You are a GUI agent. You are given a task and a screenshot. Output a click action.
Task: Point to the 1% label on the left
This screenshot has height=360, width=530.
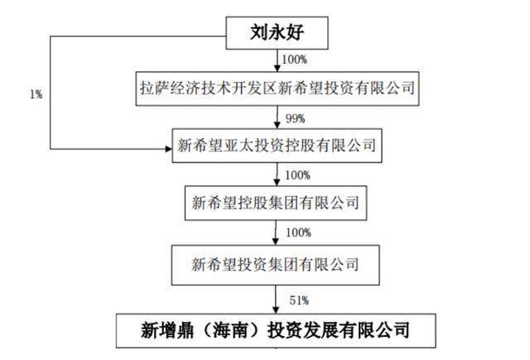36,94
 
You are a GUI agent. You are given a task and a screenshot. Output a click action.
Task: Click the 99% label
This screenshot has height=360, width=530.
296,118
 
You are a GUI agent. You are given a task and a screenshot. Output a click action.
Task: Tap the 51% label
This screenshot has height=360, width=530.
299,300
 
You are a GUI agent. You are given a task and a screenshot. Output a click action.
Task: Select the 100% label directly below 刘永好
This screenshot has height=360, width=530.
295,60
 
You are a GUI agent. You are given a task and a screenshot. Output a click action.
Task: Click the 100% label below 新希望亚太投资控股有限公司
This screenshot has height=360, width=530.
298,175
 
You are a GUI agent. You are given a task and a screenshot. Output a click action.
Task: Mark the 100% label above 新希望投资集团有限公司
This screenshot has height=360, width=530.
298,233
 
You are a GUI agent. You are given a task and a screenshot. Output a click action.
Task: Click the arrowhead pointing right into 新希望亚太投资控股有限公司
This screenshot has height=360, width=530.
168,149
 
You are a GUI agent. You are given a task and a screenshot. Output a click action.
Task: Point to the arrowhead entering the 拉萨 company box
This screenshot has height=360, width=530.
277,68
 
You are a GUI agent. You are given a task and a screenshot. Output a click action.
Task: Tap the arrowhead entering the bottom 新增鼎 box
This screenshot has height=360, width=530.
276,310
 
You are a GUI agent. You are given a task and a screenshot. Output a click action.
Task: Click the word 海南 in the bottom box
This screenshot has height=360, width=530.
229,330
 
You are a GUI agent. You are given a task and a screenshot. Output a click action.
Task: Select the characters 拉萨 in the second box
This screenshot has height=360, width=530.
155,89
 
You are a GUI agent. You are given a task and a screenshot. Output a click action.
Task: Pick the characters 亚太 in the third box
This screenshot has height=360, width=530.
238,146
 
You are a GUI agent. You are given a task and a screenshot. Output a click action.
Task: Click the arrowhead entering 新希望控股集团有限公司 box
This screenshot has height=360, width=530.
277,182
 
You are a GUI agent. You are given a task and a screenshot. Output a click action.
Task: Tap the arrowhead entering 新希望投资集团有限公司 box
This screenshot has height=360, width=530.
276,241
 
